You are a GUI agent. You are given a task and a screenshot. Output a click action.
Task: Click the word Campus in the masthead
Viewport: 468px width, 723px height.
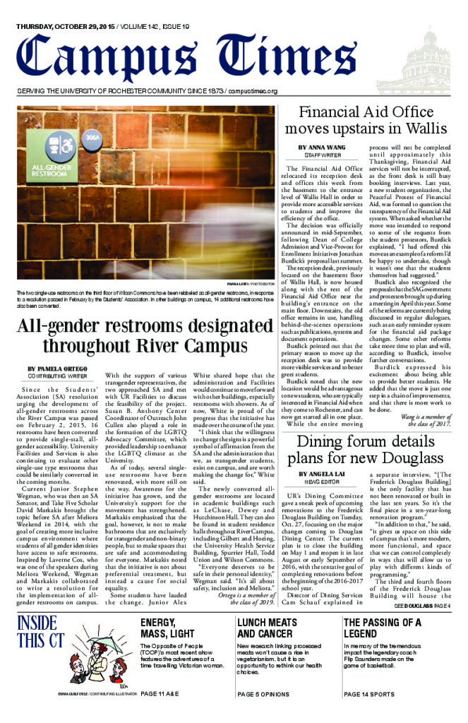pyautogui.click(x=113, y=56)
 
